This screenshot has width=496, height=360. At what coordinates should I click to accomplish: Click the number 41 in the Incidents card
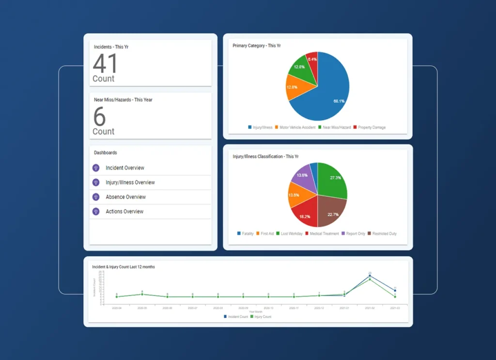(x=105, y=63)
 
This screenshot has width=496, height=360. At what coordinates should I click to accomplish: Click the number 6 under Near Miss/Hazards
(x=99, y=116)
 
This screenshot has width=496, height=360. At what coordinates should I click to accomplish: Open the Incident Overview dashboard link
(x=125, y=168)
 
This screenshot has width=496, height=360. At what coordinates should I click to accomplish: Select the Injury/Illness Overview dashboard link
(x=130, y=183)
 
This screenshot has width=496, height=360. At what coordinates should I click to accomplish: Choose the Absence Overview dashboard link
(x=125, y=197)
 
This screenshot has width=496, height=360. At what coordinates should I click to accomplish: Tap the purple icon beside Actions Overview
(x=96, y=212)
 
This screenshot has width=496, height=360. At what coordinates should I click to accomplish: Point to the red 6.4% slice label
(x=312, y=59)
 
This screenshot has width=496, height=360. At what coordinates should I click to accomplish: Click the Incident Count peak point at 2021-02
(x=370, y=276)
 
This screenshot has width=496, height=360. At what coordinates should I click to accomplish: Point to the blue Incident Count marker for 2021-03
(x=395, y=291)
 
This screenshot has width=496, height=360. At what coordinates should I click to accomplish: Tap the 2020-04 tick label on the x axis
(x=117, y=308)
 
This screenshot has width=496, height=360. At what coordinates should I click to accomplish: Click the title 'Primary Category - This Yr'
(x=257, y=46)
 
